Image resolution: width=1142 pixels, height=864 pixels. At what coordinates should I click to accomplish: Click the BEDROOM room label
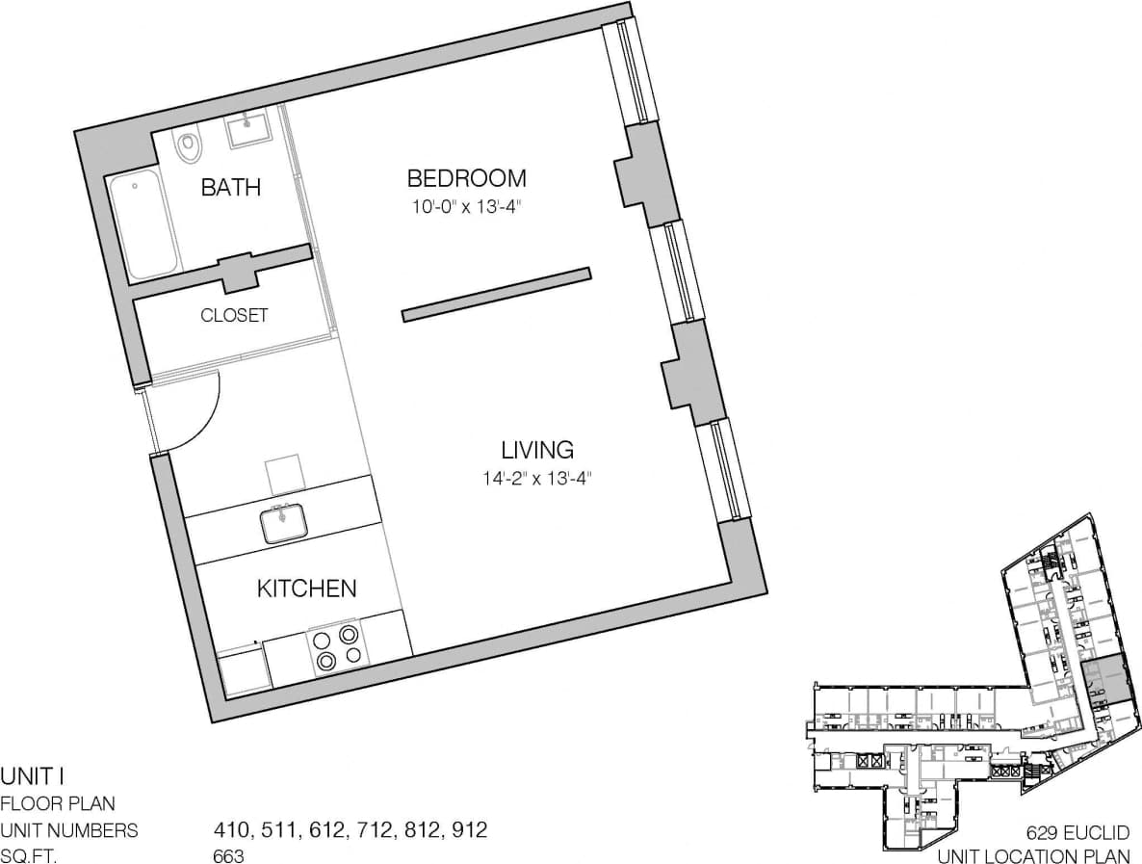(x=466, y=178)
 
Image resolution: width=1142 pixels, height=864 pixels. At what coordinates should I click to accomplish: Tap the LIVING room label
(x=536, y=450)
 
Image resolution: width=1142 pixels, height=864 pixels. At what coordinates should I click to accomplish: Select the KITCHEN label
(x=307, y=589)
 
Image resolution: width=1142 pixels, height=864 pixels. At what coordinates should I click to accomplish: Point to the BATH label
(x=230, y=187)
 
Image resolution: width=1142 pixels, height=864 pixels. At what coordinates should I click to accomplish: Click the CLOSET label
(x=234, y=315)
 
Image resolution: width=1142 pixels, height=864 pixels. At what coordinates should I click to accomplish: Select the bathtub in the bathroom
(x=143, y=226)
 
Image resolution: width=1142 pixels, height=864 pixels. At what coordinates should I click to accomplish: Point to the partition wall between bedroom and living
(x=495, y=293)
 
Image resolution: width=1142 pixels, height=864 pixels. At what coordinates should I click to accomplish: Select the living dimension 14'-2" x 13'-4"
(x=536, y=477)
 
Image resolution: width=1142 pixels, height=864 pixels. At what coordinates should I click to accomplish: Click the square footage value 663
(x=228, y=855)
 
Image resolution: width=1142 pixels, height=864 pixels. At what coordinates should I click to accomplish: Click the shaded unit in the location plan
(x=1103, y=680)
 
